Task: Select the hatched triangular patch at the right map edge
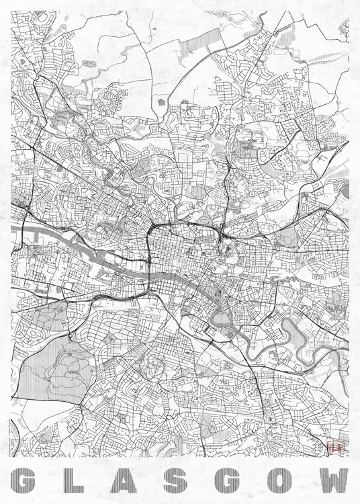(345, 191)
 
